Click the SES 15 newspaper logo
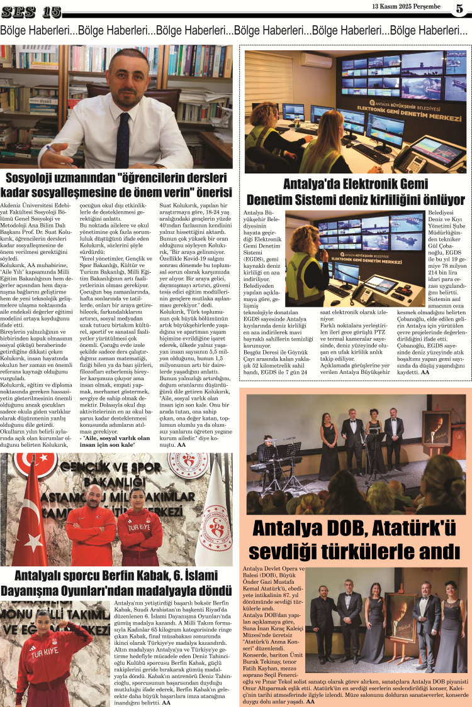coord(31,11)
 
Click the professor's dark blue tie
coord(124,129)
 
